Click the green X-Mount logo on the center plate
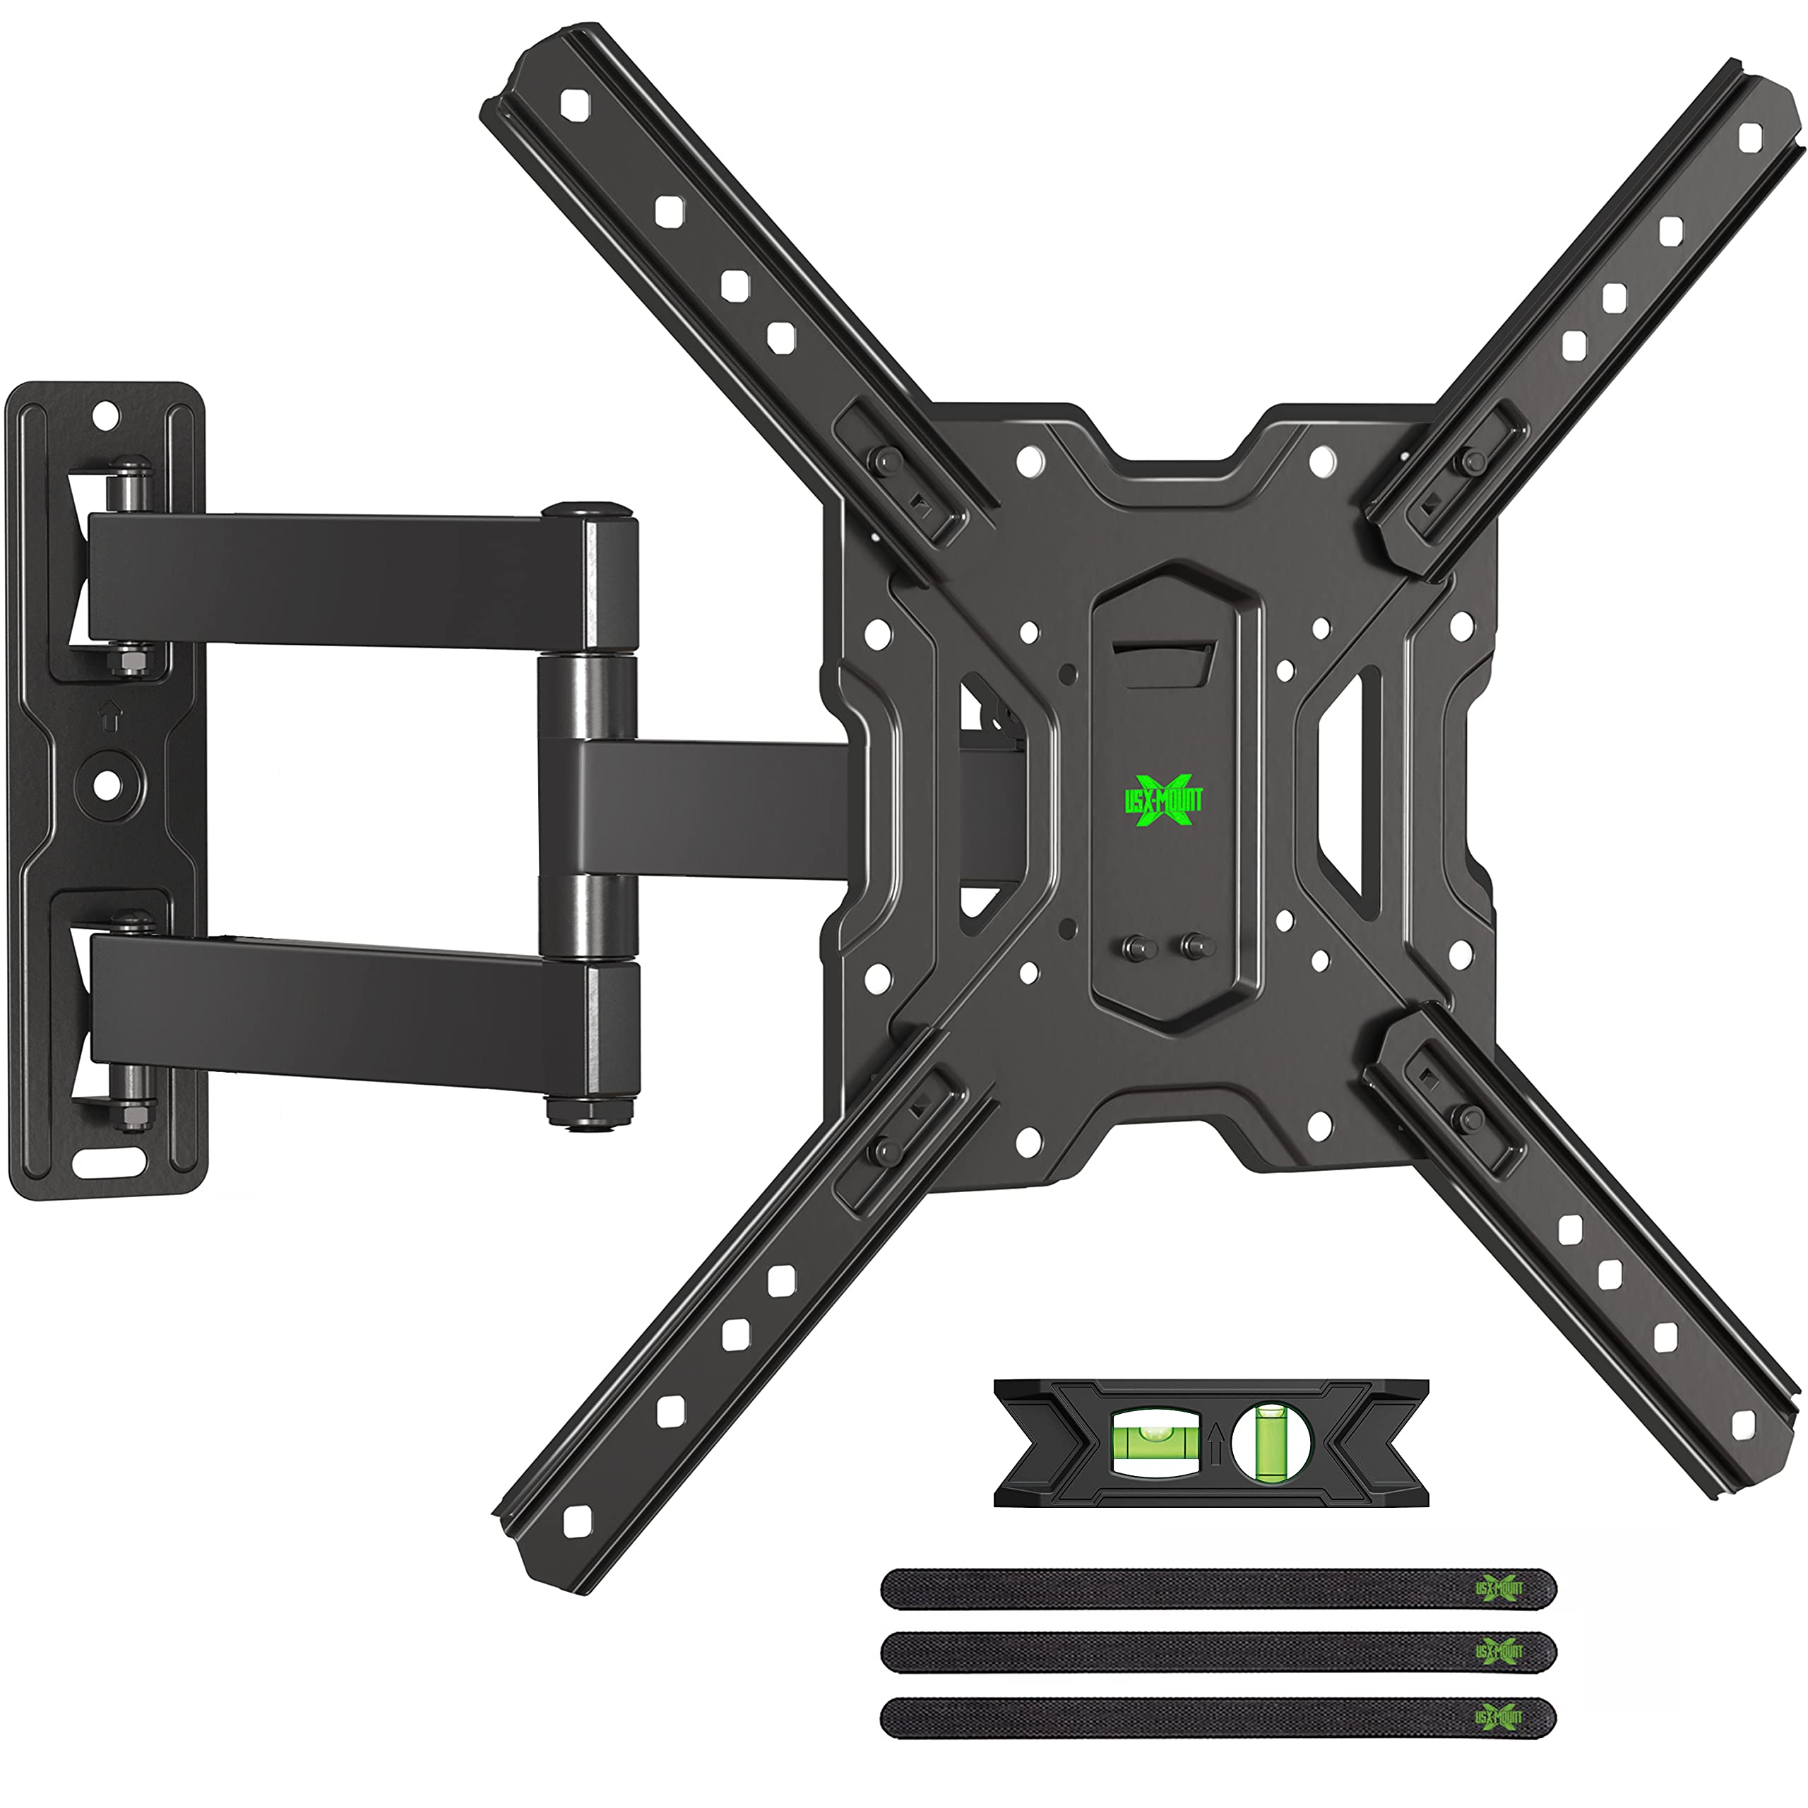point(1163,800)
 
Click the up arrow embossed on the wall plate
point(110,716)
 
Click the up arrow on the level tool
point(1215,1442)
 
